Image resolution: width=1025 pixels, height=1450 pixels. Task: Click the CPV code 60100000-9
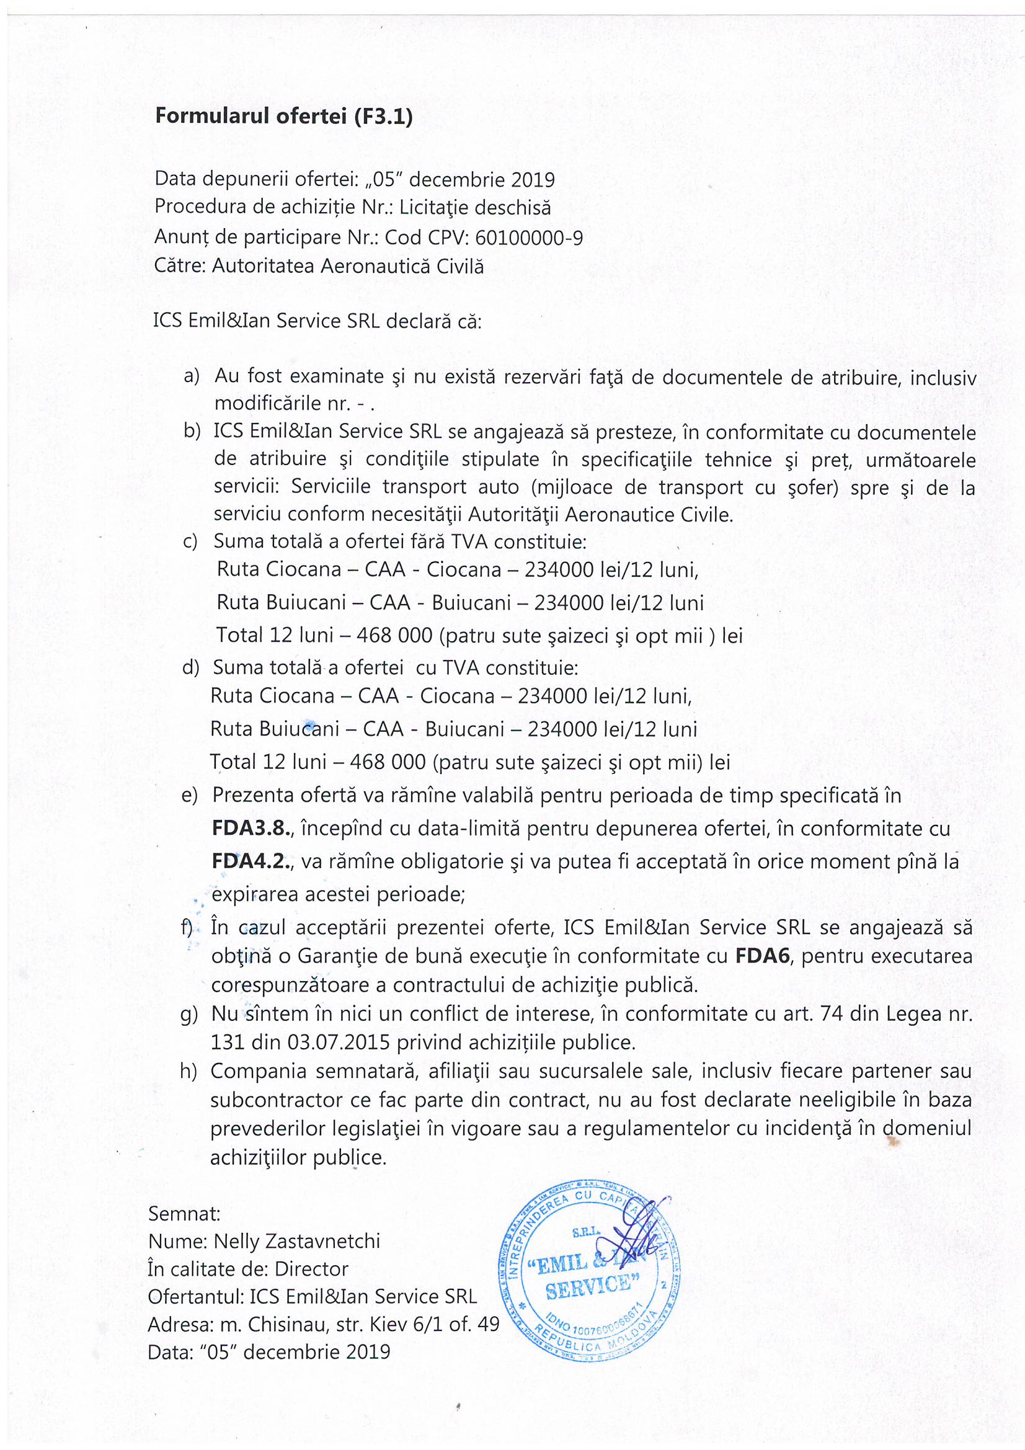click(x=528, y=238)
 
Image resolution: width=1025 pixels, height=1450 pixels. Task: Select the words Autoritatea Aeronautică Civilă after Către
click(x=347, y=266)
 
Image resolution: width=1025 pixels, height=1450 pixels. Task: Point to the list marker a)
click(x=192, y=376)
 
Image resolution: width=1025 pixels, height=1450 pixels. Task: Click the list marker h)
click(x=189, y=1071)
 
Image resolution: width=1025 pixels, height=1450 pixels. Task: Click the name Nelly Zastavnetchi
click(x=297, y=1241)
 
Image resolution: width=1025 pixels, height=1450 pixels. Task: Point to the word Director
click(x=311, y=1269)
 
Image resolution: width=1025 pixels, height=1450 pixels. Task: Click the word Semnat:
click(x=184, y=1213)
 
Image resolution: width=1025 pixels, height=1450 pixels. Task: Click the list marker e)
click(x=190, y=795)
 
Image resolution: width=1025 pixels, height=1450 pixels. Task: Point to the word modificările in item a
click(x=268, y=403)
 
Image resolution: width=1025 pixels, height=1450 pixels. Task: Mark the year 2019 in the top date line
click(x=533, y=180)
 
